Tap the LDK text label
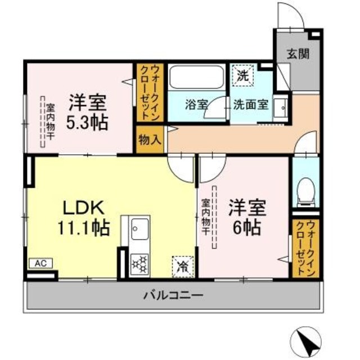click(x=83, y=208)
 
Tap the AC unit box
click(x=40, y=263)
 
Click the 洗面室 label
click(x=250, y=104)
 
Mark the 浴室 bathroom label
click(x=197, y=104)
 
